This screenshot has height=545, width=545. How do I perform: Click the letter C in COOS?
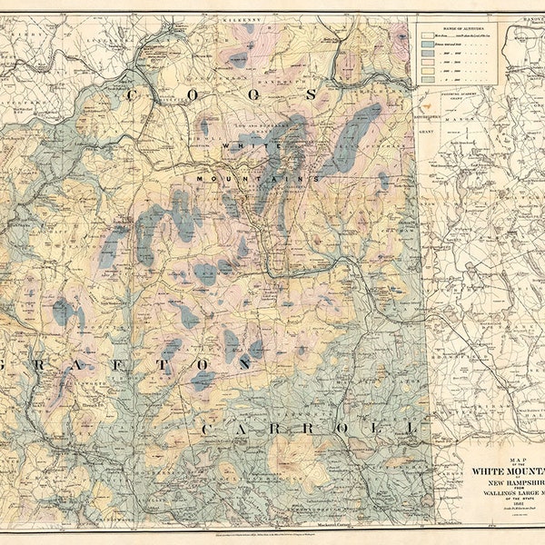tap(134, 94)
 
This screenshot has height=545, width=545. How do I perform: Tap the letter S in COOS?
tap(312, 94)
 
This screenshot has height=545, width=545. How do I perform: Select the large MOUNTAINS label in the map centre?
tap(255, 180)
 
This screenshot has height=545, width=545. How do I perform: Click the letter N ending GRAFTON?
tap(244, 362)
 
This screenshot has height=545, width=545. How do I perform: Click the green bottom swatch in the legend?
tap(427, 80)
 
